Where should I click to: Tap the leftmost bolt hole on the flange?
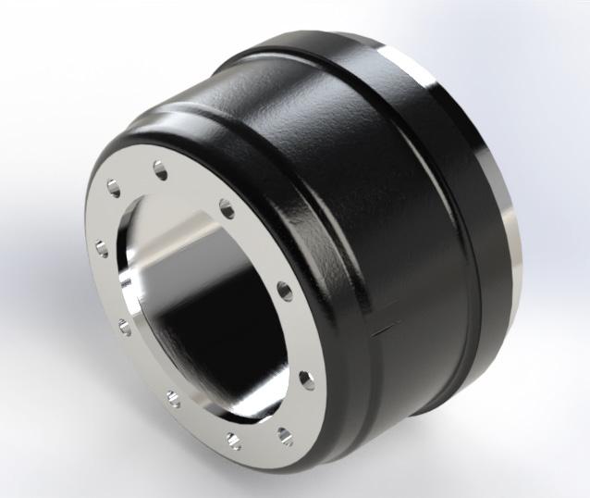tap(101, 246)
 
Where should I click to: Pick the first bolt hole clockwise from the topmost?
tap(225, 205)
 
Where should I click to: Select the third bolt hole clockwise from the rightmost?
tap(174, 398)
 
